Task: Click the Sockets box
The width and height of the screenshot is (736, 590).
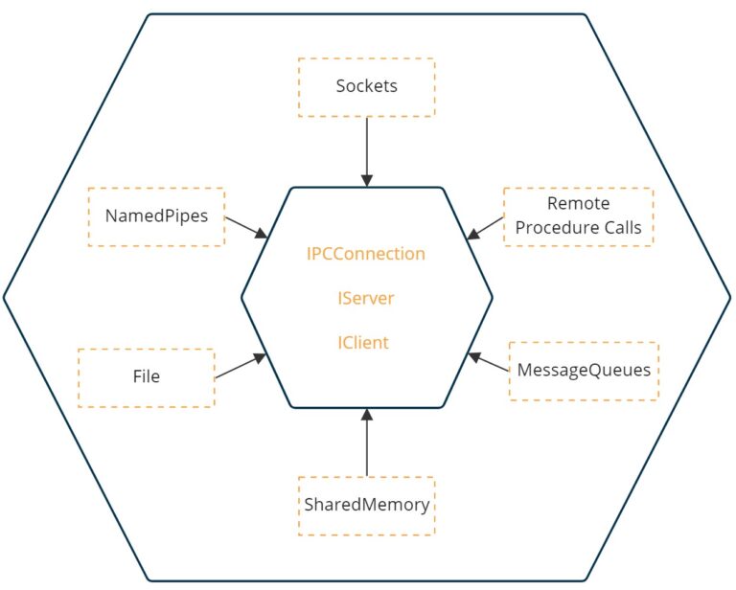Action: coord(366,87)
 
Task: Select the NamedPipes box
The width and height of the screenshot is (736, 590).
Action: coord(155,216)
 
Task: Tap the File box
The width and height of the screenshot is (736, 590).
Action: coord(146,377)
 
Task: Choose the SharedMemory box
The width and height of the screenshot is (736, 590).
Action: coord(366,505)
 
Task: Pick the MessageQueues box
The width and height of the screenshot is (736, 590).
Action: coord(583,371)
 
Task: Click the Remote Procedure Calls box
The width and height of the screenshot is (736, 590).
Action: coord(578,216)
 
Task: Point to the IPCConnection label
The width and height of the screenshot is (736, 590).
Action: coord(365,254)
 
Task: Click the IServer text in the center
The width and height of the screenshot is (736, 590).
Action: coord(365,298)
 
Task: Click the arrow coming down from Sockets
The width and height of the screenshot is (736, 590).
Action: coord(366,148)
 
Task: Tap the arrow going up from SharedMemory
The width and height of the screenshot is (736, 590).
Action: coord(366,444)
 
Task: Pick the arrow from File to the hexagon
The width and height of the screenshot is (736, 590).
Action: coord(240,367)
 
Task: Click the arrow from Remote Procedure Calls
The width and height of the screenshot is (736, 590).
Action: coord(486,227)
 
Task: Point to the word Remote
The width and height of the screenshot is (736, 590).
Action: coord(578,204)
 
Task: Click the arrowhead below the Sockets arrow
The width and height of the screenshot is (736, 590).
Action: coord(366,180)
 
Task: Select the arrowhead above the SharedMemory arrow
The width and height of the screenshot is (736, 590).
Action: coord(366,414)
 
